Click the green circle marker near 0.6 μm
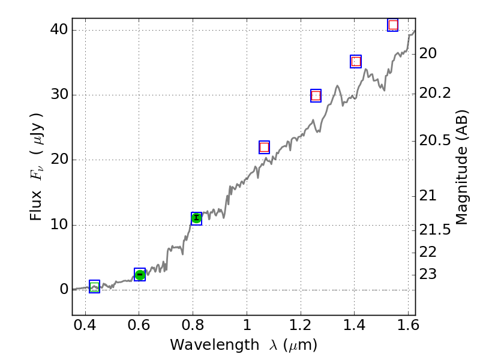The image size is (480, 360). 140,275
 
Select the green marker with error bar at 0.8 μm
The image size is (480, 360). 196,218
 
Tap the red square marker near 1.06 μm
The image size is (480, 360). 264,147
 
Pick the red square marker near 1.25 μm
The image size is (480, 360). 316,95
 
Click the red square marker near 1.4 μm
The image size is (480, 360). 356,61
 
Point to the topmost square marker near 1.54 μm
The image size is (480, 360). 393,25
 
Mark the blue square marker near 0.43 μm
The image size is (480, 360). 94,286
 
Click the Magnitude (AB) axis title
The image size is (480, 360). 461,167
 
